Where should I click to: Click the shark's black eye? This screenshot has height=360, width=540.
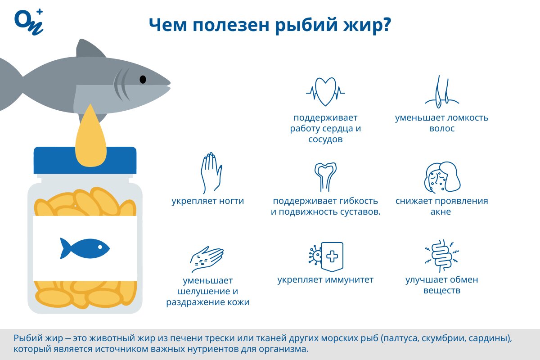pyautogui.click(x=143, y=79)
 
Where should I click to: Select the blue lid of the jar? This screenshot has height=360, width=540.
pyautogui.click(x=85, y=160)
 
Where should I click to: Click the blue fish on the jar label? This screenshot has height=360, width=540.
pyautogui.click(x=85, y=248)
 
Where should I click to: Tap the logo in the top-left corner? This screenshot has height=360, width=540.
pyautogui.click(x=29, y=22)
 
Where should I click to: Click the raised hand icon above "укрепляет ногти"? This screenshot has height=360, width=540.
pyautogui.click(x=211, y=173)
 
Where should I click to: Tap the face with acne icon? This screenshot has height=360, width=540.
pyautogui.click(x=442, y=177)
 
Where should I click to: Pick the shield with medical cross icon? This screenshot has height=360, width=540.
pyautogui.click(x=332, y=257)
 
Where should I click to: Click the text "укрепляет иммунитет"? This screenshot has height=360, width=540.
pyautogui.click(x=325, y=280)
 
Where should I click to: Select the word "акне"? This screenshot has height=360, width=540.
pyautogui.click(x=441, y=211)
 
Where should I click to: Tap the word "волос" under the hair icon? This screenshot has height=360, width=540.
pyautogui.click(x=441, y=129)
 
